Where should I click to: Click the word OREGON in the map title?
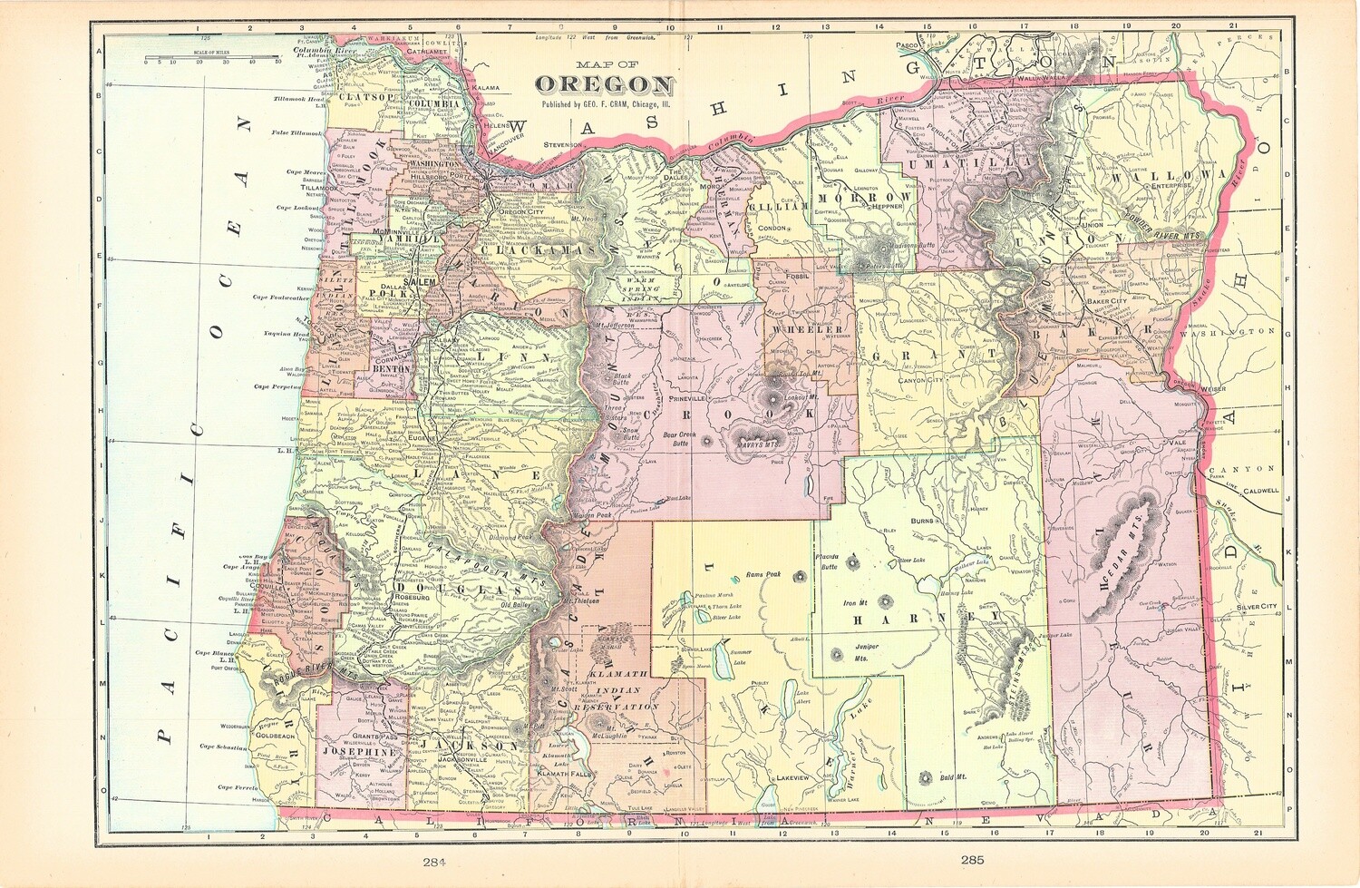click(x=604, y=84)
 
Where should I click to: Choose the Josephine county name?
click(x=358, y=751)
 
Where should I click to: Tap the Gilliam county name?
click(x=777, y=207)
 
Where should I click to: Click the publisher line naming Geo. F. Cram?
click(x=606, y=104)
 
